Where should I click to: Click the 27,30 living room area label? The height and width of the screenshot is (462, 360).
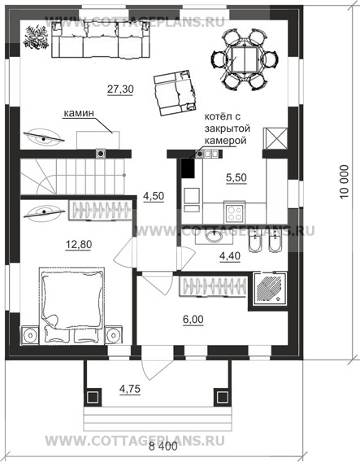click(x=120, y=89)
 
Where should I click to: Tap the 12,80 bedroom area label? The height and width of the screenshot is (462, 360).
click(x=79, y=244)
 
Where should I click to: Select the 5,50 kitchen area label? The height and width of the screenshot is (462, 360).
click(x=236, y=177)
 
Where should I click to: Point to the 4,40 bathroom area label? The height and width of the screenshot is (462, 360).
click(x=230, y=256)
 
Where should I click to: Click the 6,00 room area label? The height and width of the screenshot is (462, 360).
click(x=193, y=319)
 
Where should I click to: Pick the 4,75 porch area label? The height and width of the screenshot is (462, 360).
click(x=130, y=389)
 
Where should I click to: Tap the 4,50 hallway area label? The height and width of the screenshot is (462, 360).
click(x=154, y=196)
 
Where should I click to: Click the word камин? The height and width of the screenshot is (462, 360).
click(x=79, y=113)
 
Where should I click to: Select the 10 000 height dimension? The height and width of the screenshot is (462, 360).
click(x=344, y=182)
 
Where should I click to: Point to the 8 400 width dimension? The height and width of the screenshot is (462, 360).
click(x=163, y=447)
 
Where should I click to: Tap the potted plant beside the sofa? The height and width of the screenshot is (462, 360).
click(x=36, y=37)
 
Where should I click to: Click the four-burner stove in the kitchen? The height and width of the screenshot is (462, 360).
click(x=235, y=212)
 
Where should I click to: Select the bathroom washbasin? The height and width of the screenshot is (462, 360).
click(x=214, y=237)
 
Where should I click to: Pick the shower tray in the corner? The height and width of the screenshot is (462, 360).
click(x=271, y=288)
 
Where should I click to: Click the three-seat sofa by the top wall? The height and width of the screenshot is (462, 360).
click(x=100, y=40)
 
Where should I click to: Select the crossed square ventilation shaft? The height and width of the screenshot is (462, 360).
click(x=275, y=139)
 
